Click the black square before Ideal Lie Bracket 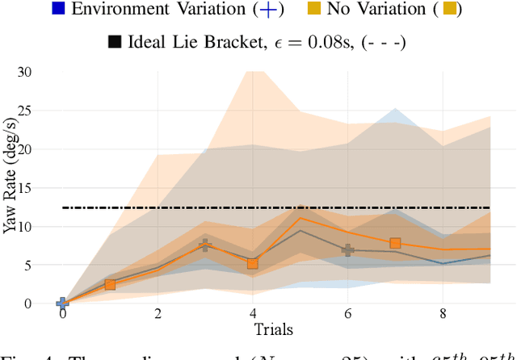tap(114, 40)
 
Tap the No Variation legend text tap(372, 10)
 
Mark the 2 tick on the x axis tap(158, 313)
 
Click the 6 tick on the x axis tap(347, 313)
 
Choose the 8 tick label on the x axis tap(443, 313)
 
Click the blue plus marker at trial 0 tap(62, 303)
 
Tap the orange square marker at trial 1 tap(110, 285)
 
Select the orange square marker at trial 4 tap(252, 263)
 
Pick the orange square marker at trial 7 tap(395, 243)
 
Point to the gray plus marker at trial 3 tap(205, 245)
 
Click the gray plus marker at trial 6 tap(347, 250)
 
